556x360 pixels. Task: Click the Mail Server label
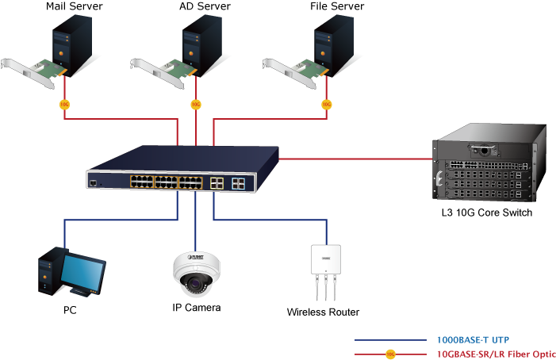tap(75, 7)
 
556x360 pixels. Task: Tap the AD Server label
tap(205, 7)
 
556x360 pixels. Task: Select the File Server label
tap(337, 7)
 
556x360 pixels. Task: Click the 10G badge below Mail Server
tap(65, 104)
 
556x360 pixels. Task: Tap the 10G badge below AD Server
tap(196, 104)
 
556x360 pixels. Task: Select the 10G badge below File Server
tap(327, 104)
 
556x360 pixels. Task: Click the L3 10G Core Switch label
tap(486, 213)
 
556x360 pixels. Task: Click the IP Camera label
tap(196, 307)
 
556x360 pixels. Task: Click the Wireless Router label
tap(323, 312)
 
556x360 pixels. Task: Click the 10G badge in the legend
tap(389, 354)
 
